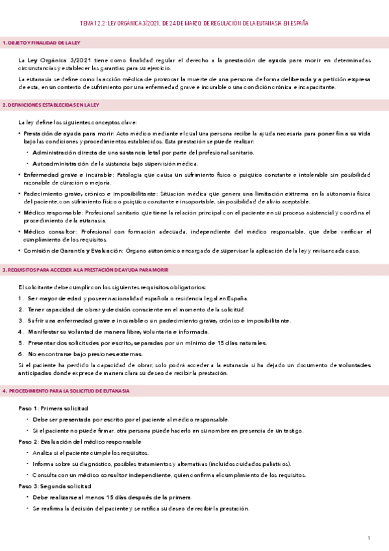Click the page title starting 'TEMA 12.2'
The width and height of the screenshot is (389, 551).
[x=194, y=23]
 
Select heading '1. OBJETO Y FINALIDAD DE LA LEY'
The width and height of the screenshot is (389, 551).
[x=41, y=43]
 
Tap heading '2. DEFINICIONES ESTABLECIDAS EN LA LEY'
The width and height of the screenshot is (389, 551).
[x=51, y=104]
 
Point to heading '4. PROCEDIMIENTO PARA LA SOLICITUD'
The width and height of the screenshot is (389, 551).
[x=66, y=391]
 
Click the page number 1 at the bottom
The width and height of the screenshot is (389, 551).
[x=368, y=538]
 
